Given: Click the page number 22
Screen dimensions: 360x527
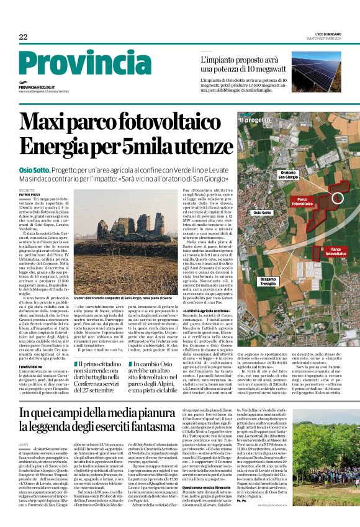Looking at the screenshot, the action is point(23,37).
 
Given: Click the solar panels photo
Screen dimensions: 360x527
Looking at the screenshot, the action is point(315,72).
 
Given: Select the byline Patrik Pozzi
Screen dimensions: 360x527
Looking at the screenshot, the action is point(29,194).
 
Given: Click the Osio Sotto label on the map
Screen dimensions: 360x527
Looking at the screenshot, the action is point(263,213).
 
